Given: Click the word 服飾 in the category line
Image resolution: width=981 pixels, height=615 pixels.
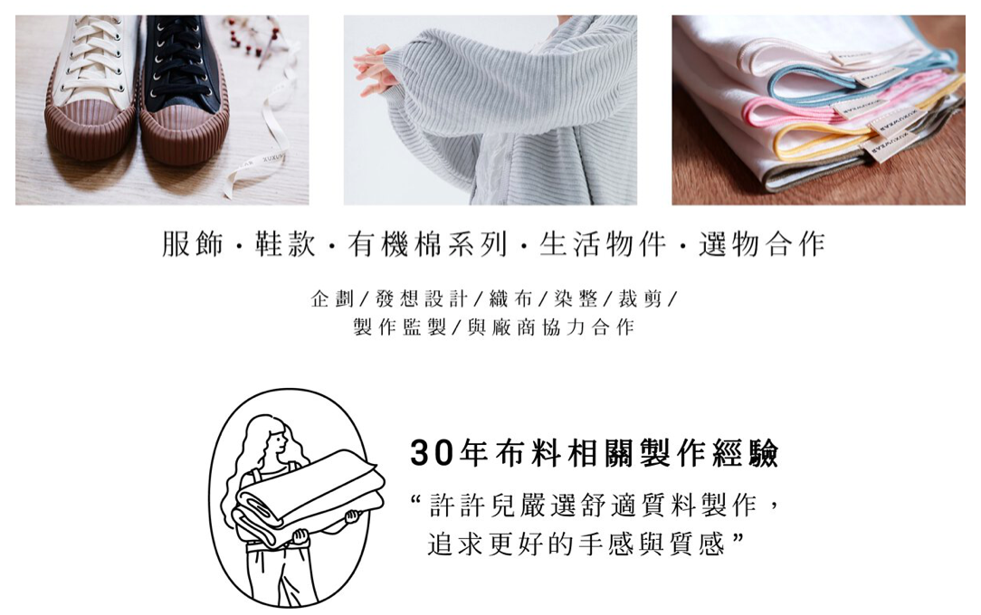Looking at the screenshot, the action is (192, 244).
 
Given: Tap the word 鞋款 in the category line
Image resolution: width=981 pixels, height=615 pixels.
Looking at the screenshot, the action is (285, 244).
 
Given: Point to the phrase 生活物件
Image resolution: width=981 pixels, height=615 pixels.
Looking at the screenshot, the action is (603, 244).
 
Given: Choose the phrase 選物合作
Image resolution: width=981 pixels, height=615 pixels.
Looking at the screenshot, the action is (761, 244).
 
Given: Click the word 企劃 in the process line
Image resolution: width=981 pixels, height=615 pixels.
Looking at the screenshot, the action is (332, 298).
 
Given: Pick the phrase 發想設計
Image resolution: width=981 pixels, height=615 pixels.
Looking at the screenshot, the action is (421, 298).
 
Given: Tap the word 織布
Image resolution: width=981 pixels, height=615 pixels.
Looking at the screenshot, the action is (510, 298).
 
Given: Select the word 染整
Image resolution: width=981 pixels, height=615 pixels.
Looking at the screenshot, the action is (576, 298).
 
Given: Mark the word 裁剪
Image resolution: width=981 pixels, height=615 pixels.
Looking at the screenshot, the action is (640, 298).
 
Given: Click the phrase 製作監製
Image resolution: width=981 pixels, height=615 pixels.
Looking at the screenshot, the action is (399, 326).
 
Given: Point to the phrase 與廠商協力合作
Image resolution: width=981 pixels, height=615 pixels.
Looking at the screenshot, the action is (551, 326).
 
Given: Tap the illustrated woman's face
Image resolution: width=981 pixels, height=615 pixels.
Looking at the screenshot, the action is (276, 442).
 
